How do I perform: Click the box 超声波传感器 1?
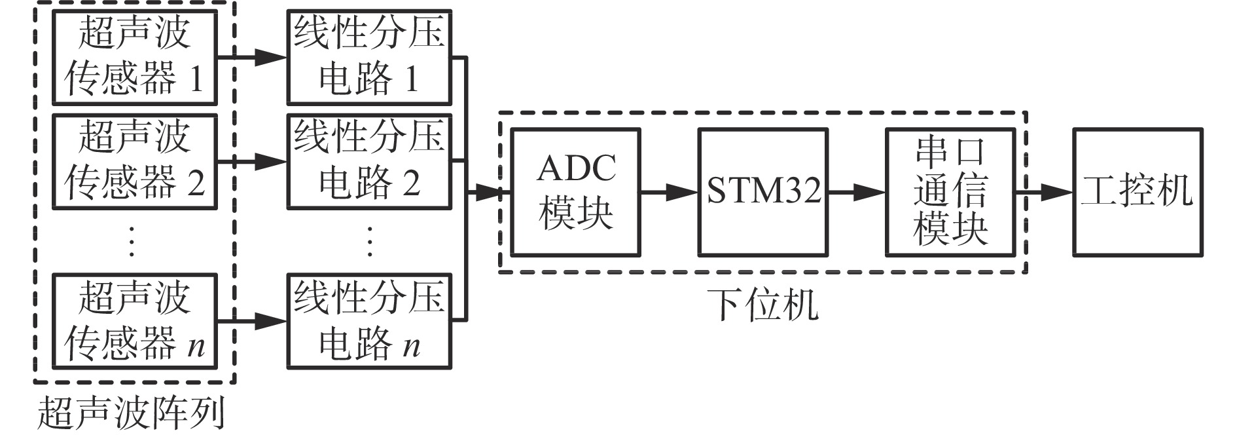coord(134,58)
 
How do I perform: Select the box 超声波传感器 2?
coord(134,161)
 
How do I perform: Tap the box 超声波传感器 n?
coord(134,321)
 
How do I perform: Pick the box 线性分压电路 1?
coord(369,58)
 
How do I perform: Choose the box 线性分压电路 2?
coord(369,161)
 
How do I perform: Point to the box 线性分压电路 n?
coord(369,321)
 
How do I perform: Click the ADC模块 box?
coord(575,192)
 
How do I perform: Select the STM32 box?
coord(763,192)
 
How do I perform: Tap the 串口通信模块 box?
coord(950,192)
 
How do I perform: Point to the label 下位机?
coord(763,305)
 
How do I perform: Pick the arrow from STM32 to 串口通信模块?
coord(857,192)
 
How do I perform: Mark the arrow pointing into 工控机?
coord(1045,192)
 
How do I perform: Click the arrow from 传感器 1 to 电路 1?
coord(253,58)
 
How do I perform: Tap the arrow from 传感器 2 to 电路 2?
coord(253,161)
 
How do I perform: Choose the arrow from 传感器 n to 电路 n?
coord(253,321)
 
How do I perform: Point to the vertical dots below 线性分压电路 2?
coord(370,241)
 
